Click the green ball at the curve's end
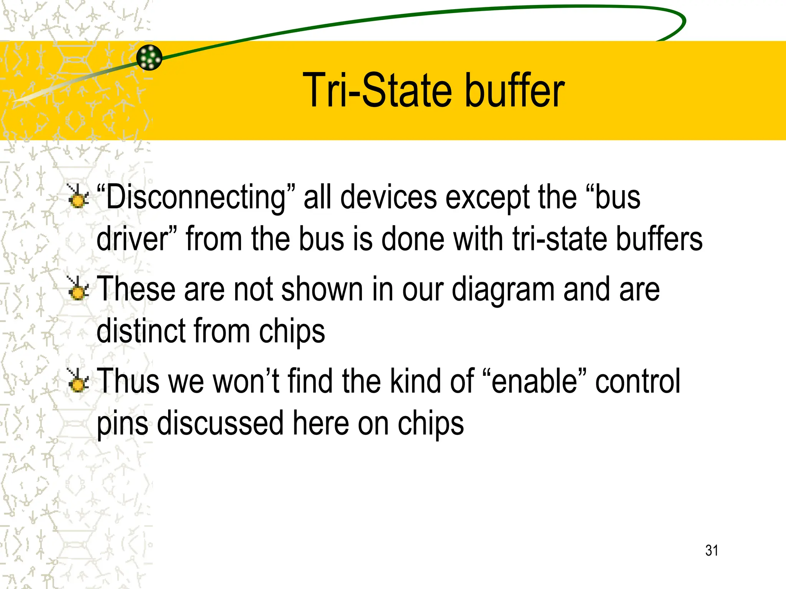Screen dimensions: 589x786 coord(149,58)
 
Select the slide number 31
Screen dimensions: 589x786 coord(712,550)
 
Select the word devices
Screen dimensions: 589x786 coord(388,197)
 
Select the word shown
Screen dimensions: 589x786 coord(322,290)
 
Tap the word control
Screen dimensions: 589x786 coord(638,382)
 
